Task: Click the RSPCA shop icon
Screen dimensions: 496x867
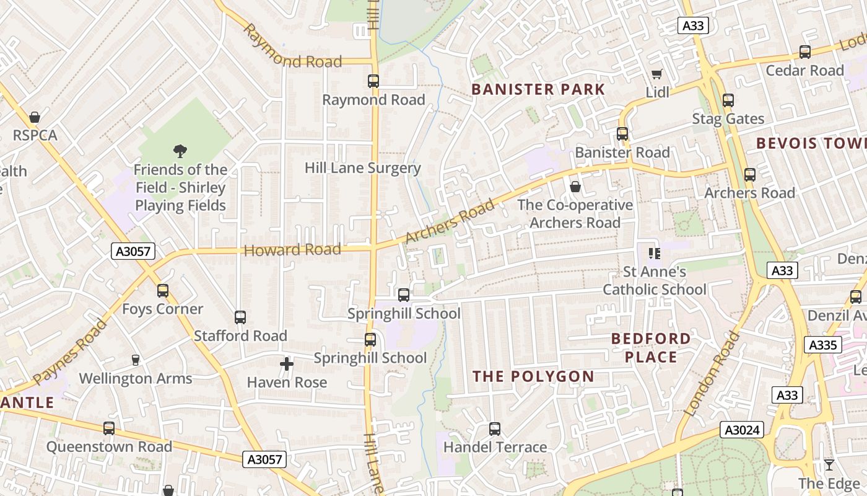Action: (x=35, y=117)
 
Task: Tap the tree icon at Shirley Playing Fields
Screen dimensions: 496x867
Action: (x=180, y=151)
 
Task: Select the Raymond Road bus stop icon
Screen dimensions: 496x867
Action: (x=373, y=81)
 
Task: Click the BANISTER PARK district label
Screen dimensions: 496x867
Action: (x=538, y=89)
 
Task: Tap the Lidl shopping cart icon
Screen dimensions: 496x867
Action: (x=657, y=74)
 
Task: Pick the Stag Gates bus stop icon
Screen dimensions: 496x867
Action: (x=728, y=100)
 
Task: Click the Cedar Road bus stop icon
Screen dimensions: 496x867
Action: (x=804, y=52)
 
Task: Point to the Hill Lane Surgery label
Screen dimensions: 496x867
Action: (x=362, y=168)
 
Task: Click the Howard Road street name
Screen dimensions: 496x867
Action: (x=292, y=250)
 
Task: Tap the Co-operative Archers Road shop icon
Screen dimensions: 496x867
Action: (x=575, y=186)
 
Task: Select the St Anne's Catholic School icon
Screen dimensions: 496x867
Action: (x=655, y=253)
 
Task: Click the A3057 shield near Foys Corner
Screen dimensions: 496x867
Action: (x=133, y=251)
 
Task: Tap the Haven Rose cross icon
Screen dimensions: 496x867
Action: (x=287, y=364)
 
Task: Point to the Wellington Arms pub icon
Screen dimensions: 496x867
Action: (x=136, y=360)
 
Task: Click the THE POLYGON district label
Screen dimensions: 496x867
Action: (x=533, y=376)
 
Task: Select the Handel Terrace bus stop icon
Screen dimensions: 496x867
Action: (x=494, y=428)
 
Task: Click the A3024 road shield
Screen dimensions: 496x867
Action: (x=742, y=430)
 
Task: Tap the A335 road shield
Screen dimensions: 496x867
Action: (x=823, y=345)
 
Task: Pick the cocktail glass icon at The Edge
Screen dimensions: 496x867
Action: (x=829, y=465)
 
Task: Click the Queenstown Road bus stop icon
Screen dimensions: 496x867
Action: (x=109, y=428)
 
